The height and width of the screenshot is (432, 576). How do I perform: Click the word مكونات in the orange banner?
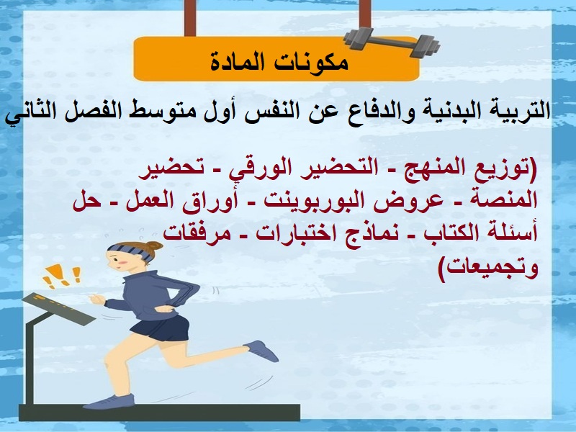pos(310,62)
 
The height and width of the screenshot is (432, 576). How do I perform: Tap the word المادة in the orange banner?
pos(241,62)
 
